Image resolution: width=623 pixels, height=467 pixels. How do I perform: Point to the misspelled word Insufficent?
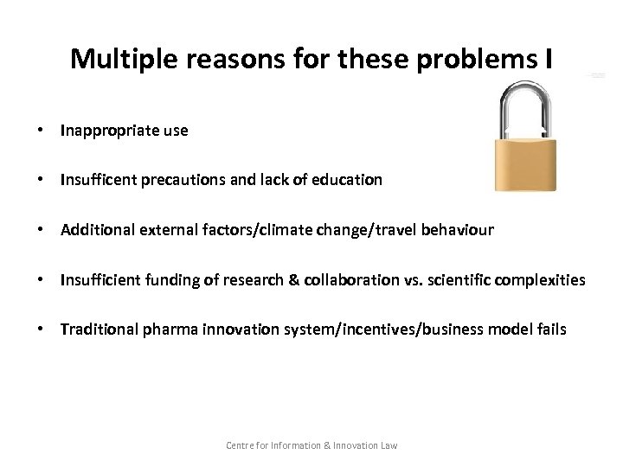click(x=96, y=181)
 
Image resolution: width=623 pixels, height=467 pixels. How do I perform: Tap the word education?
click(x=346, y=181)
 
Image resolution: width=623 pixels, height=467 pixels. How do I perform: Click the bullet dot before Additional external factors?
click(x=41, y=230)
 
